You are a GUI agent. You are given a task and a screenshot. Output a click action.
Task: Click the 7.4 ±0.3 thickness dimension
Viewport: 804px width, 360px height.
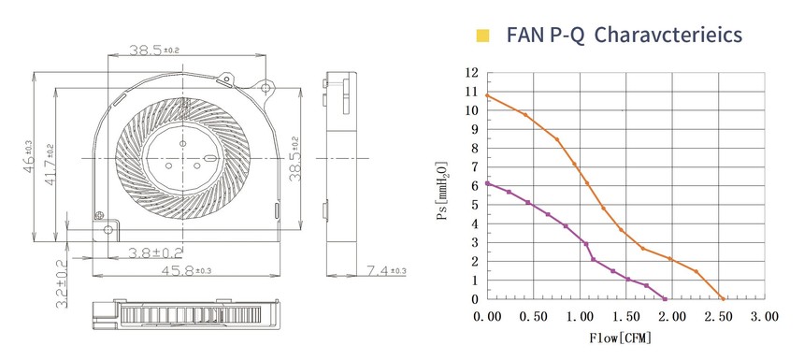tap(385, 269)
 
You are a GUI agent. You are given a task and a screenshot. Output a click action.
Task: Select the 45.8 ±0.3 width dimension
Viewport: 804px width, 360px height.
tap(186, 269)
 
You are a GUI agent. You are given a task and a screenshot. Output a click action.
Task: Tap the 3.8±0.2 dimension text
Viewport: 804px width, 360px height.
tap(155, 252)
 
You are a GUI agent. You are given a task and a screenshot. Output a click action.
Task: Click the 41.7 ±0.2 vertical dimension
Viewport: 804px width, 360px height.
tap(50, 164)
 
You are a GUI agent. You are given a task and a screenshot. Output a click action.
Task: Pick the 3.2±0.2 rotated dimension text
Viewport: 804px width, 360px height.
tap(61, 283)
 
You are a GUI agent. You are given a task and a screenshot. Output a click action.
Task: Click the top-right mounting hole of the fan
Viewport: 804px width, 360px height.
tap(266, 88)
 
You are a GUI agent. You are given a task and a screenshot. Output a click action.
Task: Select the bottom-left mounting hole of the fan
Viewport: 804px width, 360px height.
tap(108, 229)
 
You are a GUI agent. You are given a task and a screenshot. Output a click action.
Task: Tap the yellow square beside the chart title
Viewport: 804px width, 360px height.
tap(482, 36)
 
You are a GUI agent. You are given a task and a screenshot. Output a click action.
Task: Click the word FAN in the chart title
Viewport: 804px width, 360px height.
tap(523, 35)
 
